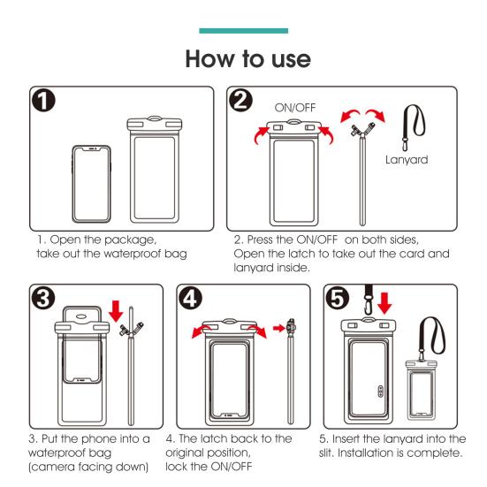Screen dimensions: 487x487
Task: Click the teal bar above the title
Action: [244, 31]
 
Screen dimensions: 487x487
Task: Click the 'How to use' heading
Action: [247, 59]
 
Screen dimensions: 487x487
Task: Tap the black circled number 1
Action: [43, 101]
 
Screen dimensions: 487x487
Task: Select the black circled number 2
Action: [240, 100]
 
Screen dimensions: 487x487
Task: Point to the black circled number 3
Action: [43, 298]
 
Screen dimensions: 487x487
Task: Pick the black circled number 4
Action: [190, 298]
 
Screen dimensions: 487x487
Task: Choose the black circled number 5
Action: [338, 298]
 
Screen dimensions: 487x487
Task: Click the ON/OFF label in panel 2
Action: [295, 108]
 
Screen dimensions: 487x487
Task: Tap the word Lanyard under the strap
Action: [407, 160]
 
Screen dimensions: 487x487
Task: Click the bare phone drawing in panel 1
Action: [92, 184]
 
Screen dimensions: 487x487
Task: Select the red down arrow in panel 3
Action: [116, 311]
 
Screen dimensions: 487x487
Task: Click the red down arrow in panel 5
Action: [384, 303]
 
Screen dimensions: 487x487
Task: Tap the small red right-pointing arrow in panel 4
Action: [279, 328]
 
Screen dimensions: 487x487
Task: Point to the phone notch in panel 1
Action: [92, 149]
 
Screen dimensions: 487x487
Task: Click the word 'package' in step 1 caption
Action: [130, 240]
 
